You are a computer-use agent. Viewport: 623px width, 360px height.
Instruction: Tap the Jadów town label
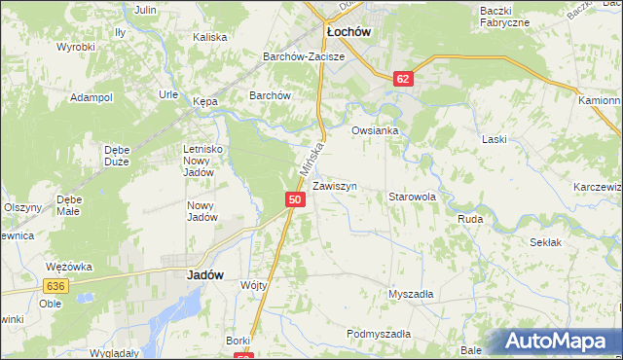pos(204,275)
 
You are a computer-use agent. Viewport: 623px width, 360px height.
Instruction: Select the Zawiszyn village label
pos(335,186)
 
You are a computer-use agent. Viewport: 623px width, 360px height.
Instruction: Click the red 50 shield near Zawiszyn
pos(295,199)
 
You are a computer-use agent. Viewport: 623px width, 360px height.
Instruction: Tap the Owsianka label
pos(376,129)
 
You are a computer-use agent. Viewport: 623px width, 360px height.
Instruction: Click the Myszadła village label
pos(411,294)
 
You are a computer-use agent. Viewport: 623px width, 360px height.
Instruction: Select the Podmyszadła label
pos(379,334)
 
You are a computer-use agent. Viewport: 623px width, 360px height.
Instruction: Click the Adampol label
pos(92,98)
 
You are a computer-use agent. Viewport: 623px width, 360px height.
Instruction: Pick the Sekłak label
pos(545,241)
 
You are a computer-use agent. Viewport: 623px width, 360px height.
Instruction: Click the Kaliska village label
pos(209,37)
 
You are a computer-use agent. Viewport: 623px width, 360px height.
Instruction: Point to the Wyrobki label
pos(75,47)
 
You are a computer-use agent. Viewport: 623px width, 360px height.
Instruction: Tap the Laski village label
pos(495,139)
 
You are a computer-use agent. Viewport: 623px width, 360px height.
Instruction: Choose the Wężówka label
pos(68,266)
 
